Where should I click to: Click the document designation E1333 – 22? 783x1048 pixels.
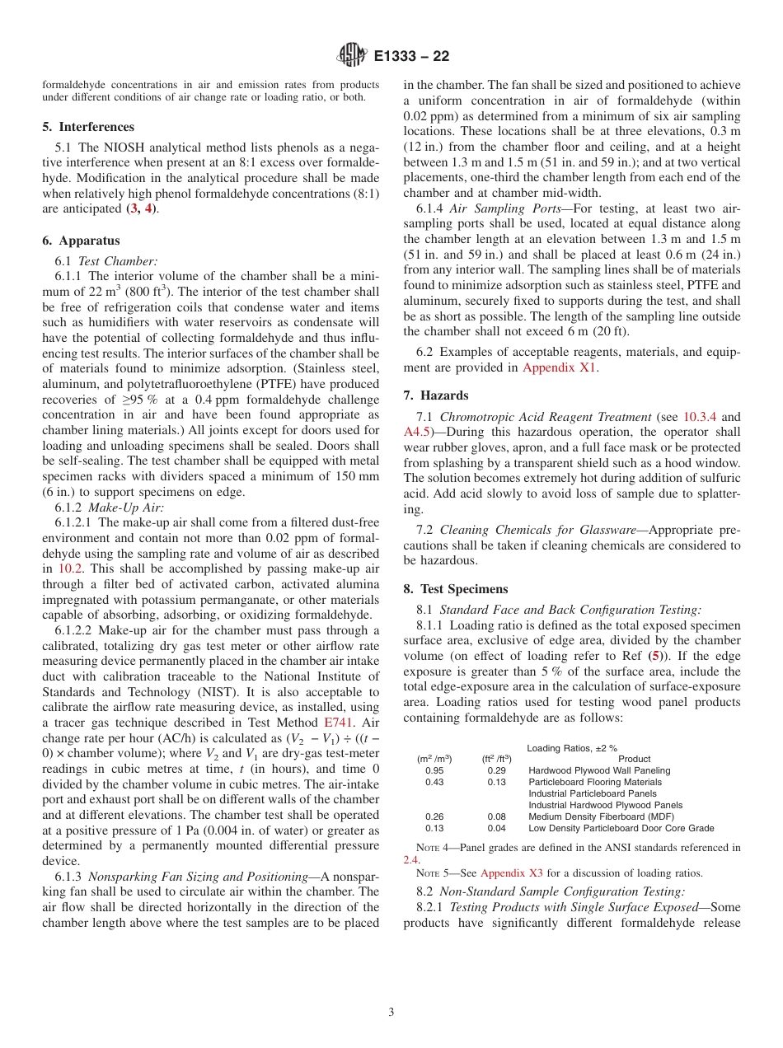point(411,57)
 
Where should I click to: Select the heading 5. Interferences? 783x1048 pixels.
point(87,127)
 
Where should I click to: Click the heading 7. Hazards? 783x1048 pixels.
point(436,395)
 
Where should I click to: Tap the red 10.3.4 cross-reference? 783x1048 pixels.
point(701,417)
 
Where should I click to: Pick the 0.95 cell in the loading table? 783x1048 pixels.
point(434,770)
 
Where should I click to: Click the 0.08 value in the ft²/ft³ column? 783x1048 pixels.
point(496,816)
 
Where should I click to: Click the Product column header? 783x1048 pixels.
point(634,759)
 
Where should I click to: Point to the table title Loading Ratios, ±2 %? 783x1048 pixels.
point(572,747)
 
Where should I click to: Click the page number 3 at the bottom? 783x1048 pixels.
point(391,1013)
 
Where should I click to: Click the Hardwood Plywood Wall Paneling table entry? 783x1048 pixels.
point(599,770)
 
